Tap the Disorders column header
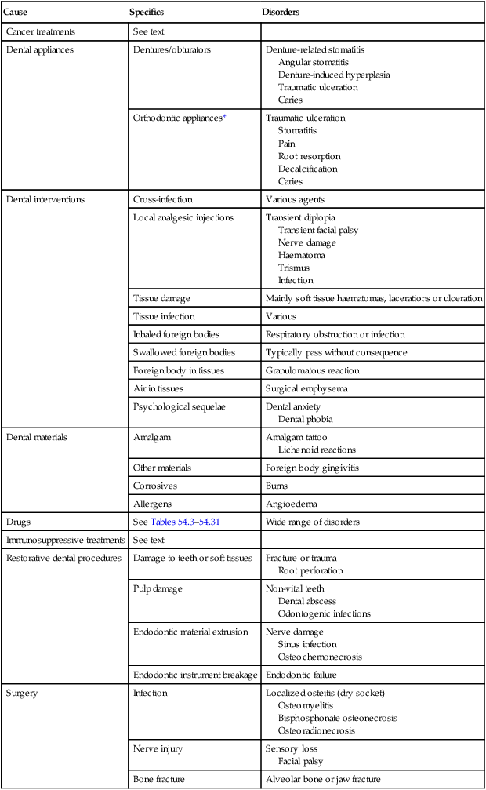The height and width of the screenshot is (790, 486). (280, 13)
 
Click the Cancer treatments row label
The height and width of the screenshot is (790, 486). (41, 31)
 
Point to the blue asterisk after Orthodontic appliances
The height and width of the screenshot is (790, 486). (224, 118)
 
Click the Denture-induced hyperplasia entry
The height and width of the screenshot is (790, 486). (334, 75)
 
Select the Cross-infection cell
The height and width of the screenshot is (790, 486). (163, 199)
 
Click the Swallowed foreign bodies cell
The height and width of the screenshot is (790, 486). (184, 352)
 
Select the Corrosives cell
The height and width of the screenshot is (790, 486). (156, 486)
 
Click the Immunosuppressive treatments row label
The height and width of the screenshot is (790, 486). (66, 541)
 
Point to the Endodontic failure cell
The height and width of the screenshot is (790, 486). (305, 675)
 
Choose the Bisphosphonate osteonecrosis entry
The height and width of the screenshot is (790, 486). (338, 718)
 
